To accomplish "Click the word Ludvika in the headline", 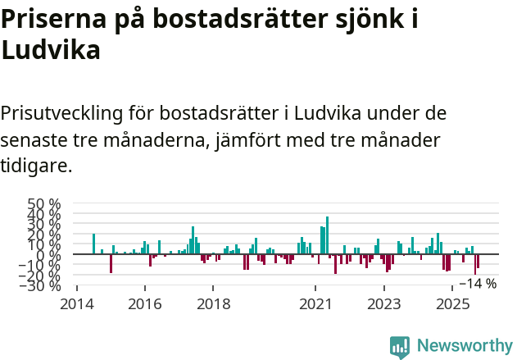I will pos(51,51).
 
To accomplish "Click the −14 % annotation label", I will pos(478,284).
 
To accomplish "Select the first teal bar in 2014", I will pos(94,244).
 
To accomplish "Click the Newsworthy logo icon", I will pos(400,347).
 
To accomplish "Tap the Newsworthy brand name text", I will pos(465,346).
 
